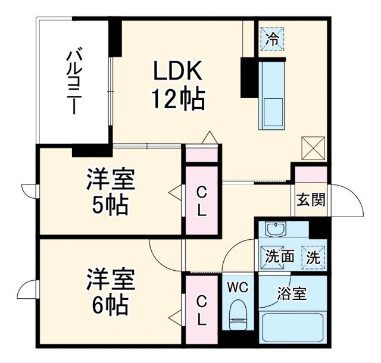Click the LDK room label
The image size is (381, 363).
point(179,73)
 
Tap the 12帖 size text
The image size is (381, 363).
point(179,99)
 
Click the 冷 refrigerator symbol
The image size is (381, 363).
point(272,40)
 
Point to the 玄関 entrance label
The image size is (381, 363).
point(311,200)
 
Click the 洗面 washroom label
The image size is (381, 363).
point(279,257)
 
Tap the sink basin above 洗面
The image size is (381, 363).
point(274,230)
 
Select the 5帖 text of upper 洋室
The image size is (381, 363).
point(110,205)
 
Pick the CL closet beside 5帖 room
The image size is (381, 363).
point(202,201)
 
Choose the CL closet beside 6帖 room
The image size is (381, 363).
point(202,311)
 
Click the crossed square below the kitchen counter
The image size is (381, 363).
point(314,148)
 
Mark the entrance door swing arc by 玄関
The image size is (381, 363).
point(351,202)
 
